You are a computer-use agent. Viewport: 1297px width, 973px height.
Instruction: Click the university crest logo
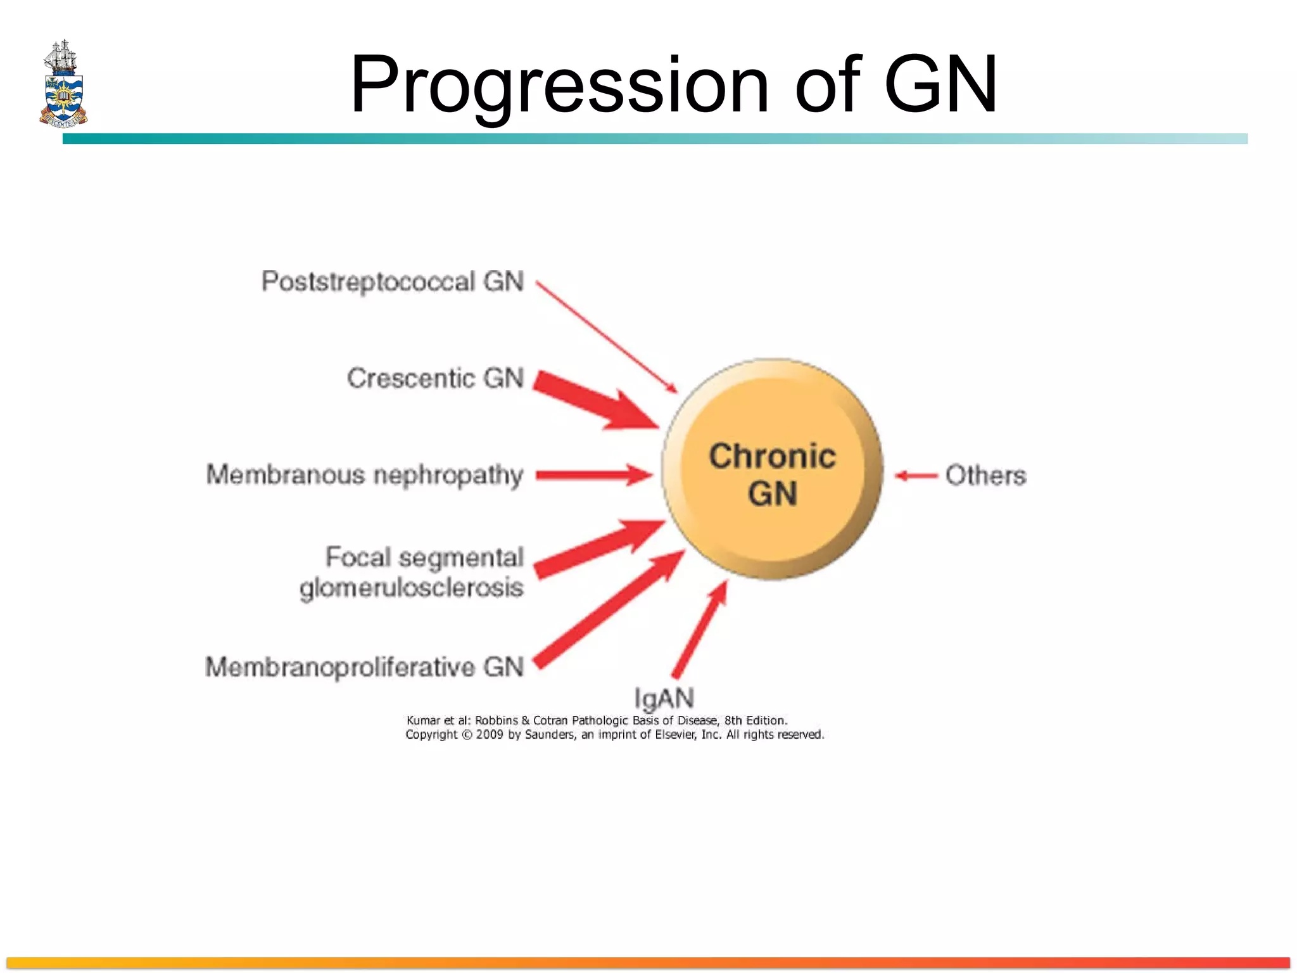pos(63,84)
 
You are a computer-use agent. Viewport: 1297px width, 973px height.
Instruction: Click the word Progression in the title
pos(559,85)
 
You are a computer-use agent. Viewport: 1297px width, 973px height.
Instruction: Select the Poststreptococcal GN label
pos(393,281)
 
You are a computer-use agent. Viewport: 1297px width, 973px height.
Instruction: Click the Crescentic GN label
pos(435,378)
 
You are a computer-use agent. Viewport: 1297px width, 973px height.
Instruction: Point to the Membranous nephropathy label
pos(365,474)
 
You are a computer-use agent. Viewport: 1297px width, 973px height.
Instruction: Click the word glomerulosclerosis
pos(412,588)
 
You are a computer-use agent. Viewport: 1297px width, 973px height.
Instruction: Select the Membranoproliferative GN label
pos(365,667)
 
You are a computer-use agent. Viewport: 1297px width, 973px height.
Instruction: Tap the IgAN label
pos(664,698)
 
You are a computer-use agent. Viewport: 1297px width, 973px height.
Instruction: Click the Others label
pos(985,475)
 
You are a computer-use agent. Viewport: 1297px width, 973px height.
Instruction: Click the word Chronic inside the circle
pos(772,456)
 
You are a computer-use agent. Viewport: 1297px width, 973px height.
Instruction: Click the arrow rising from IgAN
pos(700,630)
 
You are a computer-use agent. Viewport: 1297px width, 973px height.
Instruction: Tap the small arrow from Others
pos(916,476)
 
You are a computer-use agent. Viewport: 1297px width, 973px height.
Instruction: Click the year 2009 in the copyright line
pos(489,735)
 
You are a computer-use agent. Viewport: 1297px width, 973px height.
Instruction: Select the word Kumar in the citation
pos(423,720)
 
